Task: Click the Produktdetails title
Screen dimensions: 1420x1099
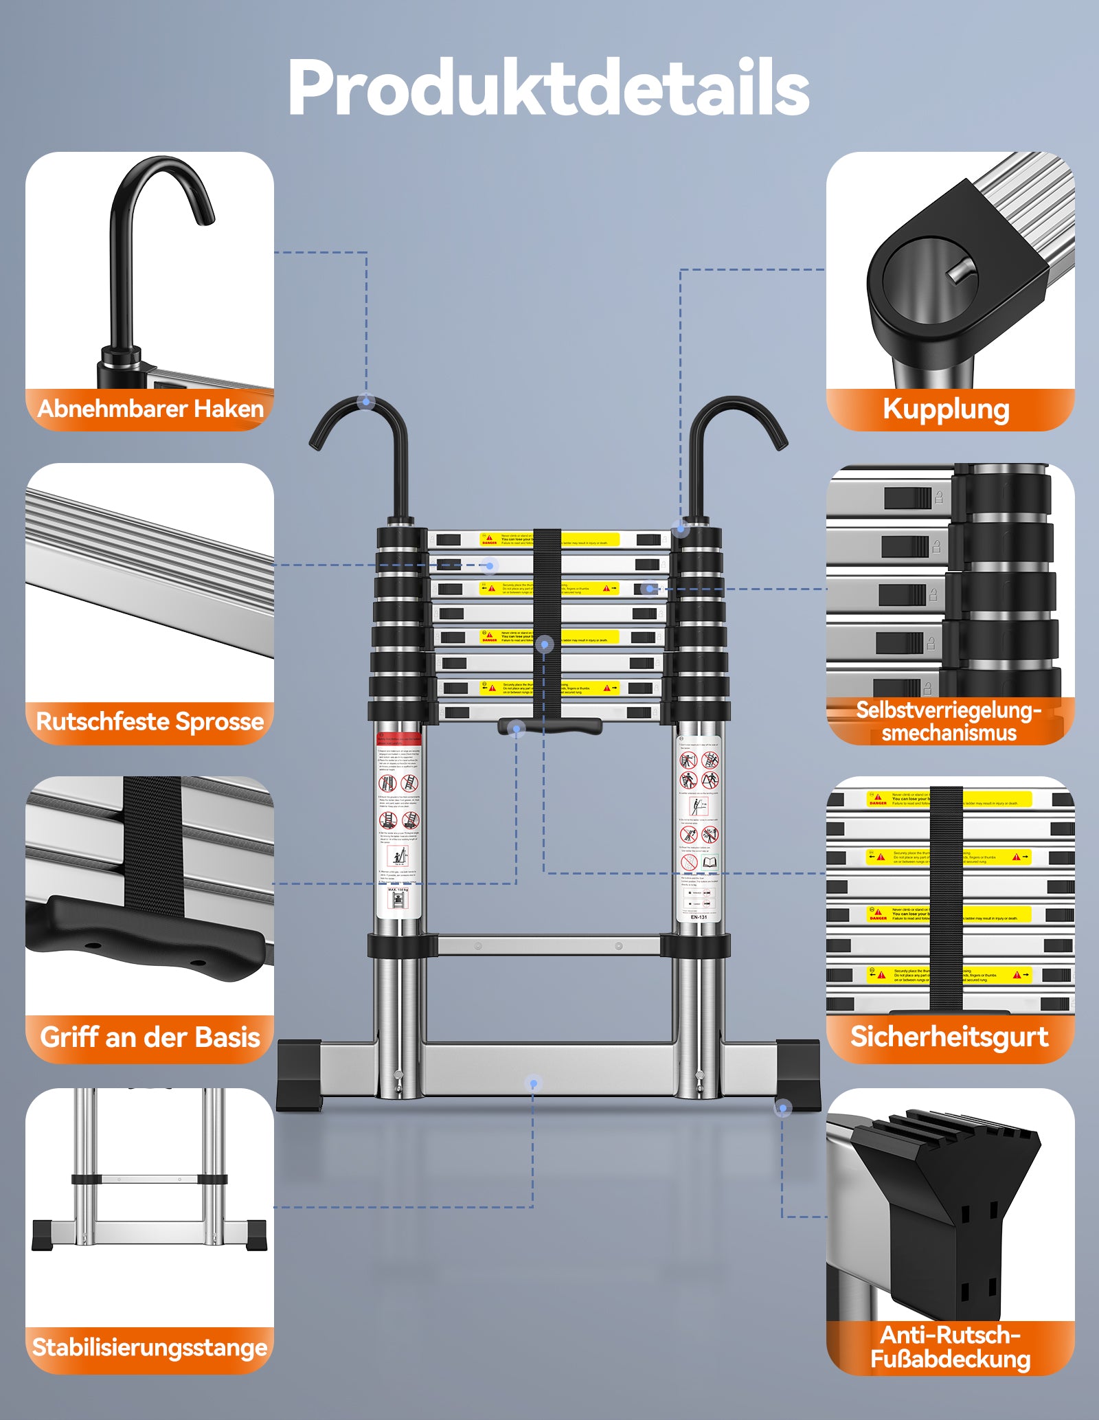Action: click(x=548, y=88)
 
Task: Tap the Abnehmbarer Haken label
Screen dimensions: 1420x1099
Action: click(x=150, y=409)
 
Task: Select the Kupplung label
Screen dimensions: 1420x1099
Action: click(x=946, y=409)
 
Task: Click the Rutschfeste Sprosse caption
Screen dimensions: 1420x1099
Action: click(x=150, y=721)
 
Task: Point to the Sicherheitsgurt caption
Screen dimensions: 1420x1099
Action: click(x=949, y=1037)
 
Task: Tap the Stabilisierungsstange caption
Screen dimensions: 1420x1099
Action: click(x=150, y=1347)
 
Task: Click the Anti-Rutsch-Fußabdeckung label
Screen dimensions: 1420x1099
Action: click(x=950, y=1346)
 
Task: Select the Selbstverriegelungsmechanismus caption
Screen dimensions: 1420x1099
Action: click(x=949, y=721)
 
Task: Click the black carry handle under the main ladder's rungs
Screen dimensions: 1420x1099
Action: click(x=549, y=726)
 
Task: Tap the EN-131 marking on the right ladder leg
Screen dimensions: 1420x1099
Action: click(x=699, y=917)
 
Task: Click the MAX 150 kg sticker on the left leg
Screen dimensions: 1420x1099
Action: click(x=398, y=890)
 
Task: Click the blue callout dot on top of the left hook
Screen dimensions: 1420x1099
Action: click(x=367, y=401)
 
